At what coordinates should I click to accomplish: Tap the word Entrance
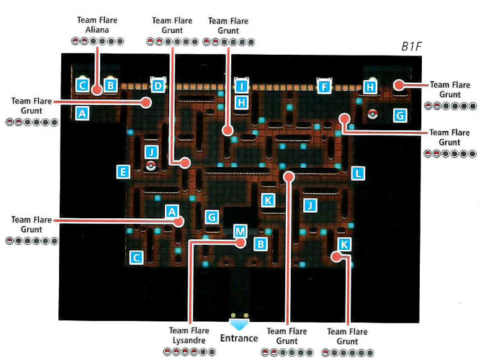239,338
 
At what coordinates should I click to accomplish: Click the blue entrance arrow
239,321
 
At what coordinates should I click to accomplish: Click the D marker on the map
158,86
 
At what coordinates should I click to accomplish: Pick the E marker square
124,171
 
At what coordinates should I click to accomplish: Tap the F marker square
324,87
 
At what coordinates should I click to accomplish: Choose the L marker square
358,173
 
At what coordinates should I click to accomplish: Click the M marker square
240,230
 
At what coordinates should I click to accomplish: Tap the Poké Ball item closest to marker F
372,113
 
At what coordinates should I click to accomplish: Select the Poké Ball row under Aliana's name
97,41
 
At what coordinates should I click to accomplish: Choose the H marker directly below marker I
242,103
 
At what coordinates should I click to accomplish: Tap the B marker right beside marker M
261,244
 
